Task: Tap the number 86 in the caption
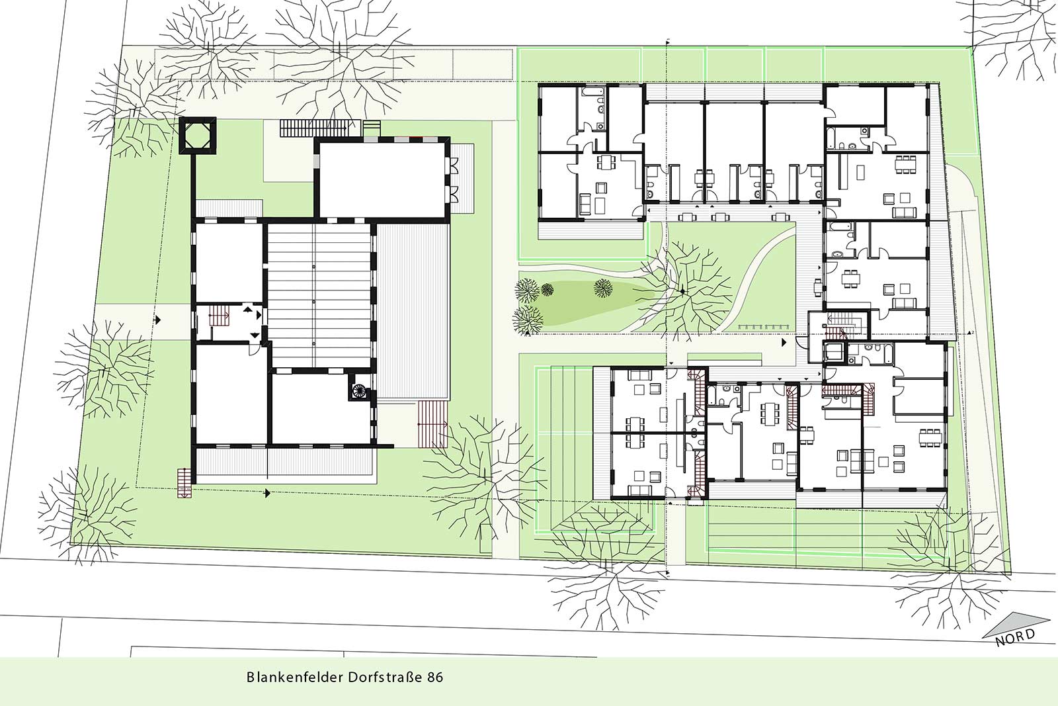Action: coord(436,677)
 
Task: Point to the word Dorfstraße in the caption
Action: coord(386,677)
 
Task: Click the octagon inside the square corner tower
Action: coord(198,135)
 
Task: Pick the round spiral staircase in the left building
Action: coord(358,390)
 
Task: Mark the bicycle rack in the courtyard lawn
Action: coord(762,327)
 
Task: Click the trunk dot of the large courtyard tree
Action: coord(682,292)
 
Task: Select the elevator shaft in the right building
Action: coord(835,353)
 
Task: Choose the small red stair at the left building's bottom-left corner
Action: coord(184,483)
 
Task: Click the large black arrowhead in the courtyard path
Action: coord(784,342)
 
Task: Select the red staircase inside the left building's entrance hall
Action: coord(219,315)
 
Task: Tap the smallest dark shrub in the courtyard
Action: coord(548,289)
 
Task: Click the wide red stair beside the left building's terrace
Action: coord(432,423)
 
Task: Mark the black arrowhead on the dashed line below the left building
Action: coord(267,494)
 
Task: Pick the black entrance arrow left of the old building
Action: coord(158,320)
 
